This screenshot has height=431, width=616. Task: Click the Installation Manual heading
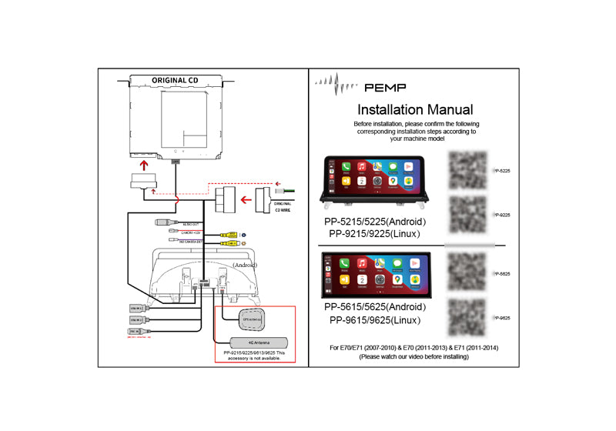pyautogui.click(x=416, y=110)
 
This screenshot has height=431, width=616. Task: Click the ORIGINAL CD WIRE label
pyautogui.click(x=283, y=205)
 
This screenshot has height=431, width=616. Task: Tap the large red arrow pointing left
pyautogui.click(x=247, y=202)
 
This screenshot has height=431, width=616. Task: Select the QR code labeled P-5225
pyautogui.click(x=468, y=169)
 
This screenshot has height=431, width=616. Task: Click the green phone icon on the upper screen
pyautogui.click(x=346, y=167)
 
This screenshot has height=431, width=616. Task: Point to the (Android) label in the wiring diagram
pyautogui.click(x=244, y=265)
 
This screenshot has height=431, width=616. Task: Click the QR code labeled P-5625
pyautogui.click(x=468, y=273)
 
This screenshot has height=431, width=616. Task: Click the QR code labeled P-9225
pyautogui.click(x=468, y=215)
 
